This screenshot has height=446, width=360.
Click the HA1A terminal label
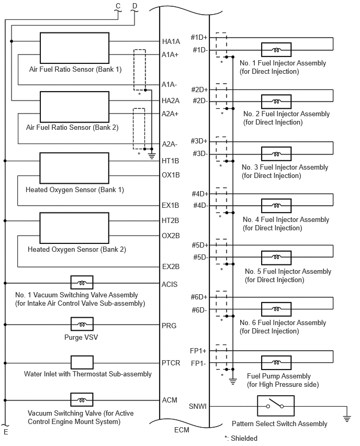(x=171, y=41)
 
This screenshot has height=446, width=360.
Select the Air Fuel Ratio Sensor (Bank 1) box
(x=74, y=48)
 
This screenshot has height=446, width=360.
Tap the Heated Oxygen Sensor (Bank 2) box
(x=74, y=228)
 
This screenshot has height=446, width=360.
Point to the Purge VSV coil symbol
(x=82, y=324)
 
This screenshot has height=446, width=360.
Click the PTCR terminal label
(x=171, y=363)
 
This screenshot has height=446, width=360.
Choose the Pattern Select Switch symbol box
(x=276, y=406)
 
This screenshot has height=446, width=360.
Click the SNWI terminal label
(x=198, y=406)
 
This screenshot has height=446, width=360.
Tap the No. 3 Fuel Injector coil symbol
(x=276, y=154)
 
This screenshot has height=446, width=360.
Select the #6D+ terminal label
(x=199, y=297)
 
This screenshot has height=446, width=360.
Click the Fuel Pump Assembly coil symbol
(x=276, y=363)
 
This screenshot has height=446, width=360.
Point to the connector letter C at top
(x=118, y=6)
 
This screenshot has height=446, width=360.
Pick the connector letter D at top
(x=135, y=6)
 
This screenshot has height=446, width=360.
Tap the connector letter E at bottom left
(x=6, y=432)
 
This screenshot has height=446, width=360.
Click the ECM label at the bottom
(x=182, y=430)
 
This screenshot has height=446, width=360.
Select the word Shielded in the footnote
(x=244, y=438)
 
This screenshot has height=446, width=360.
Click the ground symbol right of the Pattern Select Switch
(x=347, y=419)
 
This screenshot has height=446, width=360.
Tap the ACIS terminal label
(x=170, y=284)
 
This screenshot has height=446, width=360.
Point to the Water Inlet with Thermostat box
(x=82, y=363)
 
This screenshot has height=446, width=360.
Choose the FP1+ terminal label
(x=198, y=351)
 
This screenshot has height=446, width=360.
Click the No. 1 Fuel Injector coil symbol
(x=276, y=50)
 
